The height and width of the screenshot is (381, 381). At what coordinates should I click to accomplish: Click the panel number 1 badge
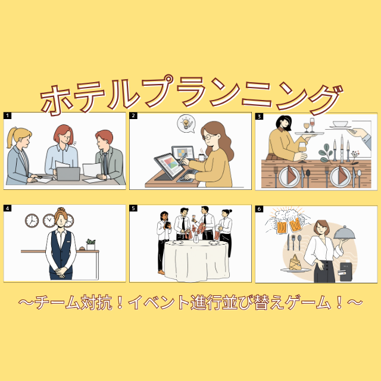click(x=8, y=116)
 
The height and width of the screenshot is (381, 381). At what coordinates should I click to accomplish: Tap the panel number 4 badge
click(x=8, y=209)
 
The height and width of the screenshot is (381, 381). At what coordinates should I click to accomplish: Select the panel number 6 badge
click(x=259, y=209)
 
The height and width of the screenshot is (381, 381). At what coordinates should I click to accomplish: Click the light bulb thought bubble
click(x=187, y=123)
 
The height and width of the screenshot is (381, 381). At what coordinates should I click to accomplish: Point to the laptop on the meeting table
click(x=68, y=173)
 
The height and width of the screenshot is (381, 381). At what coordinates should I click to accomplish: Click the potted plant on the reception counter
click(x=90, y=244)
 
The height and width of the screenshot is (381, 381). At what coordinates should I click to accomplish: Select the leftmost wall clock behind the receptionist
click(x=32, y=221)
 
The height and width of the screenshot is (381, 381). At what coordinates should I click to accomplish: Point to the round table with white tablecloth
click(x=189, y=260)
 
